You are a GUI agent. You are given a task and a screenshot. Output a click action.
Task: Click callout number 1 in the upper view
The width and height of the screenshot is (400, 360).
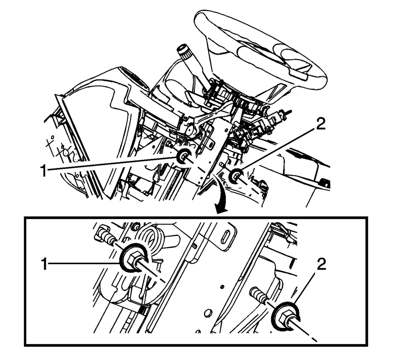44,171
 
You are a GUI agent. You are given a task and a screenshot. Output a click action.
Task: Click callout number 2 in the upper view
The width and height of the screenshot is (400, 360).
321,125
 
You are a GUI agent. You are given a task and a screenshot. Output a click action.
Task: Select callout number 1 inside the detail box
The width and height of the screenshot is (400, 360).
44,264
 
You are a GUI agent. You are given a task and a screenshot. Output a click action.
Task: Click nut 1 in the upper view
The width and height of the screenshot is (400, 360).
184,157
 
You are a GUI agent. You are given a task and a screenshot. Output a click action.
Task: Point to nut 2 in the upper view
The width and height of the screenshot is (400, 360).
236,176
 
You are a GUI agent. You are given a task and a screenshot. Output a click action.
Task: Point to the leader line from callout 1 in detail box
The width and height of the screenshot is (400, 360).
84,263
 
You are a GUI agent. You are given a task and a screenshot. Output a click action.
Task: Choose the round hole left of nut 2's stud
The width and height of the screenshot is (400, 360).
208,312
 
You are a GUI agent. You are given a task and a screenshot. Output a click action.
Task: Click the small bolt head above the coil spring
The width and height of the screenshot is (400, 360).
136,225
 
